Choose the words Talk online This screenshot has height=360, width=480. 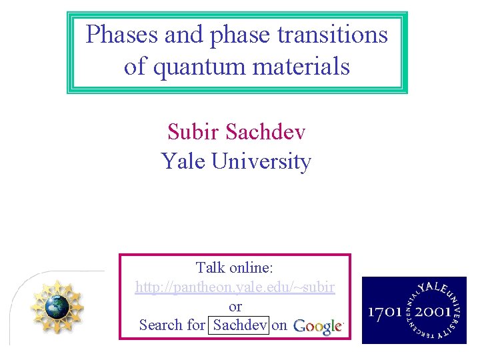point(235,268)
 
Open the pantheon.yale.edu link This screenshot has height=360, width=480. point(235,287)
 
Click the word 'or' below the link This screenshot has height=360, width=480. point(235,307)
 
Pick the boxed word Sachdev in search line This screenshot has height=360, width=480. point(240,325)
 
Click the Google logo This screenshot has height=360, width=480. point(318,326)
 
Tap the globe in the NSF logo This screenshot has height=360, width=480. point(57,306)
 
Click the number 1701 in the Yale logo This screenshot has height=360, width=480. point(387,312)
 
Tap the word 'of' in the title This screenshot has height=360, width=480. point(136,67)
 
